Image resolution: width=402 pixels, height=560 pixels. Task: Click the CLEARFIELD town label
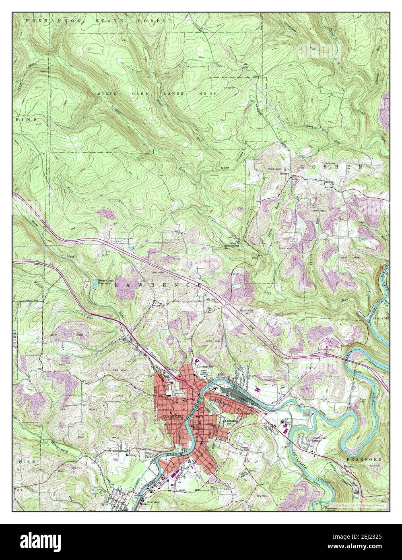(x=174, y=415)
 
